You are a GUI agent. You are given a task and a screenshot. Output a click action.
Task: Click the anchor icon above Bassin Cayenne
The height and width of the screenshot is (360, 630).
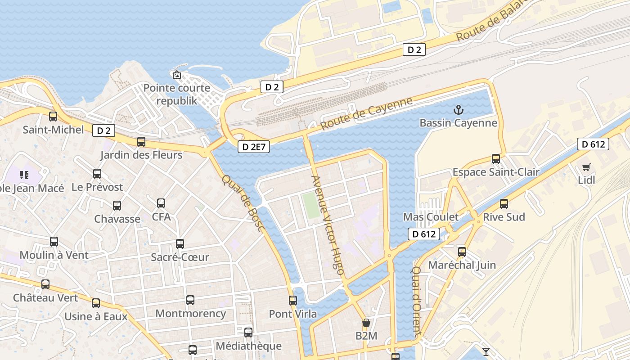pos(458,109)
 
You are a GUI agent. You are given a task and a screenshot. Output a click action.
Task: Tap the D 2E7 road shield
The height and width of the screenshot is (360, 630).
pos(253,147)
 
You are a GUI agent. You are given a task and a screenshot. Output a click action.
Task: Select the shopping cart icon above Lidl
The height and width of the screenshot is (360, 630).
pos(586,167)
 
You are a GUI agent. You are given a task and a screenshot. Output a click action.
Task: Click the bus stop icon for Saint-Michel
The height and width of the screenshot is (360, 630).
pos(53,117)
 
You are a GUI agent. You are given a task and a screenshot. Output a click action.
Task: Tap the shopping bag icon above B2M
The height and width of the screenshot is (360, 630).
pos(366,323)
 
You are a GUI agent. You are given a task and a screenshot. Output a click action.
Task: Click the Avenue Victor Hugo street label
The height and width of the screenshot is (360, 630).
pos(328,225)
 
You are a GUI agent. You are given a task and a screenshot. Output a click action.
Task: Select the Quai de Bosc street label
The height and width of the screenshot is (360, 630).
pos(242,202)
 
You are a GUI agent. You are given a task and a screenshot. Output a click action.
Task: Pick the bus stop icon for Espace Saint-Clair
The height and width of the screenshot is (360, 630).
pos(495,159)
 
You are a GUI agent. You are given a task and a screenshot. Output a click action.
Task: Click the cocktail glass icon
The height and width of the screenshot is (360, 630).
pos(486,351)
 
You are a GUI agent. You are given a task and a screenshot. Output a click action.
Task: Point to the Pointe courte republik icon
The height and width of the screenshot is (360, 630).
pos(177,75)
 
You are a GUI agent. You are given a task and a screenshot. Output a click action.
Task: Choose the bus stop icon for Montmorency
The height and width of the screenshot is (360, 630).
pos(190,300)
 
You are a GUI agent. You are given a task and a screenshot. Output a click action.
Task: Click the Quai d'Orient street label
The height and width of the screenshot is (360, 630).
pos(417,301)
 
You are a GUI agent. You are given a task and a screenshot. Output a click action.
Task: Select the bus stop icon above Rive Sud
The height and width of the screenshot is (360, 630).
pos(504,204)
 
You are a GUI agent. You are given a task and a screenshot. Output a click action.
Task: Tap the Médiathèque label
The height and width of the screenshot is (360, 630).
pos(248,346)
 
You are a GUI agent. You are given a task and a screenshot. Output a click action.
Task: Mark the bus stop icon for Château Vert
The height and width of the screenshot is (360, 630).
pos(45,284)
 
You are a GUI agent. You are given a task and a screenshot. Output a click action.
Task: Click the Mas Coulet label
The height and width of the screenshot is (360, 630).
pos(431,217)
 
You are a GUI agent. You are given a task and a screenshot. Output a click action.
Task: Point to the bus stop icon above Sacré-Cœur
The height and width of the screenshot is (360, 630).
pos(180,244)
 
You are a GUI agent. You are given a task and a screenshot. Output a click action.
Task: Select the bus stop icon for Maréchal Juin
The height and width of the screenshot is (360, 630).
pos(462,252)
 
